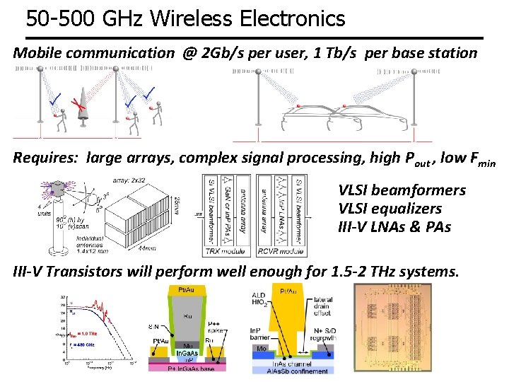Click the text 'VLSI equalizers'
[x=390, y=209]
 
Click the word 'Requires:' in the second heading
[x=47, y=157]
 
